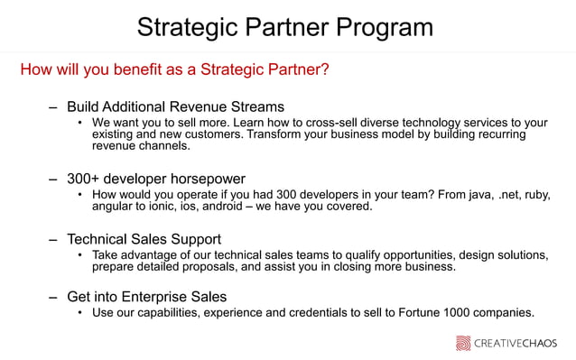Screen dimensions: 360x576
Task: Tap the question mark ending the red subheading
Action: pos(325,69)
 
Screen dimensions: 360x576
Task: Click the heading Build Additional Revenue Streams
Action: pos(175,106)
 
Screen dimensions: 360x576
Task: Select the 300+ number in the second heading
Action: pos(86,179)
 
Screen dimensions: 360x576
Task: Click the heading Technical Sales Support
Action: pos(144,239)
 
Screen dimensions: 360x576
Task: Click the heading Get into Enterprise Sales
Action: pos(146,297)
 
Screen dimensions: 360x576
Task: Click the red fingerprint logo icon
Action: pos(462,343)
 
